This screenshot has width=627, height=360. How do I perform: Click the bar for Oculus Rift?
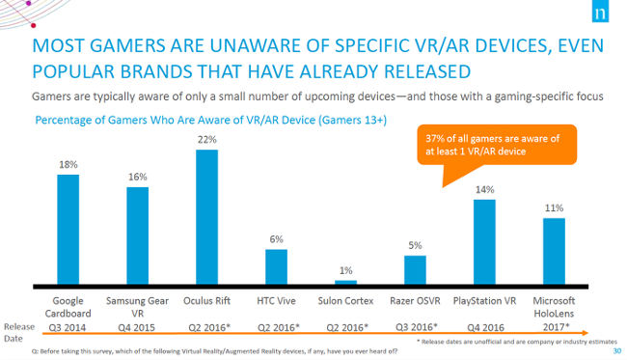207,217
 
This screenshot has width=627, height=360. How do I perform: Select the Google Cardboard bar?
69,230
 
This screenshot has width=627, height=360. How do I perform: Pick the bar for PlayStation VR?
483,242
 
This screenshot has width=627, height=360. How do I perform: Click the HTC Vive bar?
276,266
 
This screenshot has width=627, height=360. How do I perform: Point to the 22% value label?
207,140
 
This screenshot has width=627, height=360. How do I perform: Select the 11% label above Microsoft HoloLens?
553,208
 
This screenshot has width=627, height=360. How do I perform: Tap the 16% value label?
138,178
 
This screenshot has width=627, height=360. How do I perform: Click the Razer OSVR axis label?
415,301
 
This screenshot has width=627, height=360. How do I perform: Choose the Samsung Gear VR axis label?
138,307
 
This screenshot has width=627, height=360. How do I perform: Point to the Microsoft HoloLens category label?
553,307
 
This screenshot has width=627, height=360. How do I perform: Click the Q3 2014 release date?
69,327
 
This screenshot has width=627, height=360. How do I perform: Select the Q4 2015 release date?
138,327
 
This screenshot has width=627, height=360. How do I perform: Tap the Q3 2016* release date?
415,327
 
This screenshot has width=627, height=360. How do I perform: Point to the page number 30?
616,351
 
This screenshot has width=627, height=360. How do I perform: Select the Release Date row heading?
16,332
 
